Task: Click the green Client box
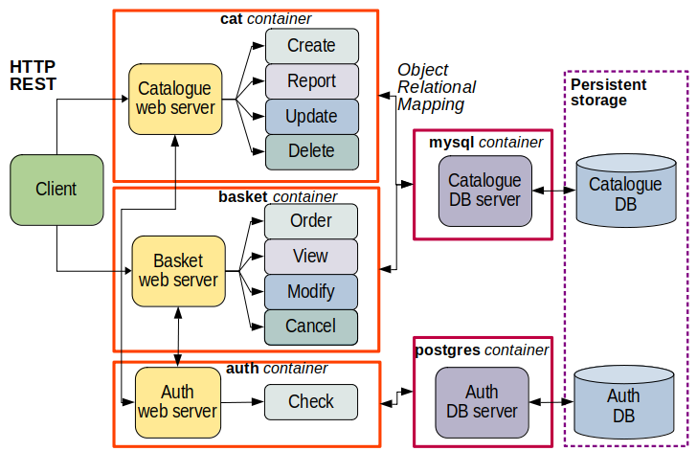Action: click(x=56, y=190)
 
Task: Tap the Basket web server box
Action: click(x=178, y=270)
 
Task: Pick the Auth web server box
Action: click(x=176, y=401)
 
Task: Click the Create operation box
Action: click(x=311, y=46)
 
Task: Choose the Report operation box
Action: click(x=311, y=81)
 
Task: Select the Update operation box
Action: click(x=311, y=116)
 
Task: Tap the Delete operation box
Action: click(x=311, y=151)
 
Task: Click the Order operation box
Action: click(x=310, y=221)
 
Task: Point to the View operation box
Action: click(x=310, y=257)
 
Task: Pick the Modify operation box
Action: click(x=310, y=291)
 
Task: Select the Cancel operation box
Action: click(x=310, y=327)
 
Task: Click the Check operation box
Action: click(x=311, y=401)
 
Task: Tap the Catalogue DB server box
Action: click(x=484, y=191)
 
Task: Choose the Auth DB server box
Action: click(x=482, y=401)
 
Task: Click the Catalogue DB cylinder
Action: click(x=625, y=192)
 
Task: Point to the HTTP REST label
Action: click(x=33, y=76)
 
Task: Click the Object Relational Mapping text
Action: click(x=436, y=87)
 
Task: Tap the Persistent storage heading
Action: click(x=608, y=92)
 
